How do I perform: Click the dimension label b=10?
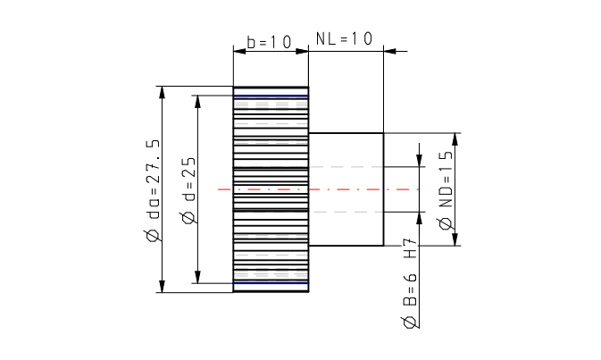[x=269, y=41]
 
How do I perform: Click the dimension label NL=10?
[x=344, y=38]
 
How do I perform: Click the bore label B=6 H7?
[x=410, y=272]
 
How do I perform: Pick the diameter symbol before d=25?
[x=188, y=218]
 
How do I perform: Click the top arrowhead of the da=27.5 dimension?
[x=162, y=92]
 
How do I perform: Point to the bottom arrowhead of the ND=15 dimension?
[x=455, y=239]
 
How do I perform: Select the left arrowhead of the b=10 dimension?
[x=238, y=51]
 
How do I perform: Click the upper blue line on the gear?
[x=271, y=96]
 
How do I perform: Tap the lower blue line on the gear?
[x=271, y=283]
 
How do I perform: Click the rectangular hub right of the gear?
[x=346, y=189]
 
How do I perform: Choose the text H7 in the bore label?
[x=410, y=249]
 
